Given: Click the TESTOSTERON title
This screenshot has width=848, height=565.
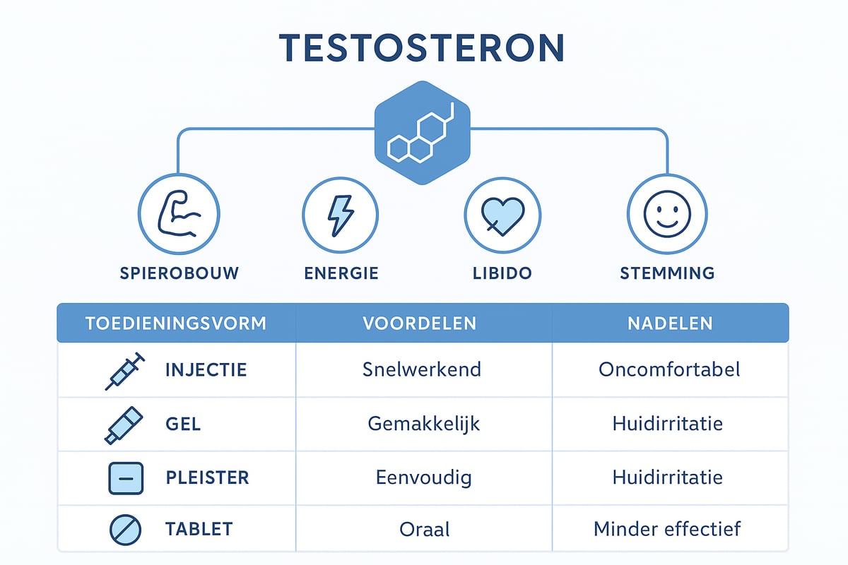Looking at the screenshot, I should pyautogui.click(x=423, y=48).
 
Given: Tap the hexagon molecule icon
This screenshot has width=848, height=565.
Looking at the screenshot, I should pyautogui.click(x=422, y=132).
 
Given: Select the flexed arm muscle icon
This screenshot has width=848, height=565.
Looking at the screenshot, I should pyautogui.click(x=179, y=214).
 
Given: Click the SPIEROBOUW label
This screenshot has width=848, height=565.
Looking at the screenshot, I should pyautogui.click(x=179, y=273).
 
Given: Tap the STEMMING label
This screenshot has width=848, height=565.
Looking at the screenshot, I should pyautogui.click(x=667, y=273).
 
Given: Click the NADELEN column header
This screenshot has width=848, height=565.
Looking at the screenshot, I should pyautogui.click(x=670, y=323).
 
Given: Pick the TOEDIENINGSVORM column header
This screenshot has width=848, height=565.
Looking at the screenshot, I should pyautogui.click(x=176, y=323).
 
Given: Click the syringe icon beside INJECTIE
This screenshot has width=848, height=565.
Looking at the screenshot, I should pyautogui.click(x=124, y=371).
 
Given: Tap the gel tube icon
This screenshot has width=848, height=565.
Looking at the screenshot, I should pyautogui.click(x=123, y=426).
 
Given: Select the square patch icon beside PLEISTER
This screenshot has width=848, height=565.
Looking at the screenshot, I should pyautogui.click(x=125, y=478).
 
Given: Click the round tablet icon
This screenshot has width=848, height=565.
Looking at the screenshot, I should pyautogui.click(x=125, y=529).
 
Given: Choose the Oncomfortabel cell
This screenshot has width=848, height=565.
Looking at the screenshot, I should pyautogui.click(x=669, y=369).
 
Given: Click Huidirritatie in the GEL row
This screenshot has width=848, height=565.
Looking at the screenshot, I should pyautogui.click(x=667, y=424).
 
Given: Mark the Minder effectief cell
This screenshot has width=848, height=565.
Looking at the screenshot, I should pyautogui.click(x=667, y=529).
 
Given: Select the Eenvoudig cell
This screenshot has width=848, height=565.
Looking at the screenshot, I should pyautogui.click(x=423, y=477).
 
